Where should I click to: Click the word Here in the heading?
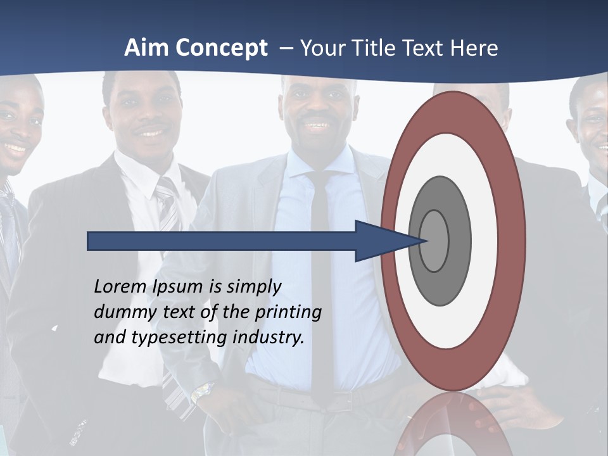tap(474, 48)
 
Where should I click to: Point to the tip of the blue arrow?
tap(423, 241)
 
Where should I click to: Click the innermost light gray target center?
tap(434, 241)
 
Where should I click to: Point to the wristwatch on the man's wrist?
tap(202, 392)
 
